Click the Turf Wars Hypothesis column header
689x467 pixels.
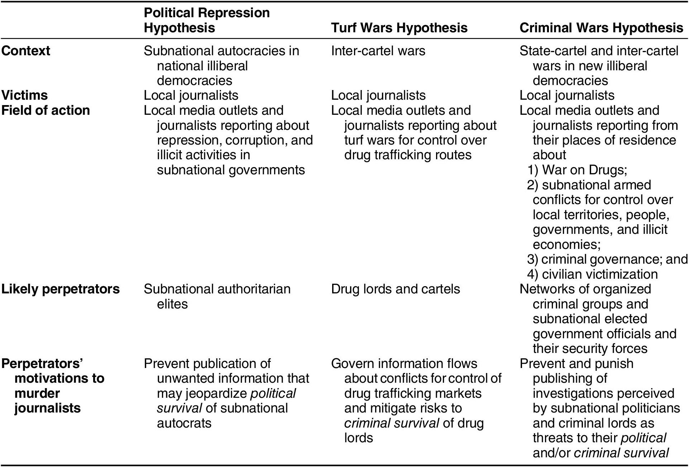(399, 28)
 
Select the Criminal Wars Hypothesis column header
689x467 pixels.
(601, 28)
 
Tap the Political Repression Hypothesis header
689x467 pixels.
(207, 20)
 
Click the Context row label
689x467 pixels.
(26, 51)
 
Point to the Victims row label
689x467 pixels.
(25, 95)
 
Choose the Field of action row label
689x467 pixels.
(46, 110)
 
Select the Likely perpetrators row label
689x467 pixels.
(61, 289)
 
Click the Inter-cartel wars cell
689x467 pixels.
(378, 51)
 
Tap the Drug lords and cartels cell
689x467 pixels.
(396, 289)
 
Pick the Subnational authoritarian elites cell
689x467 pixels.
(217, 297)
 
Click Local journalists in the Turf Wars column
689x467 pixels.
(378, 95)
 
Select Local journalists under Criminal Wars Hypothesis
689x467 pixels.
(567, 95)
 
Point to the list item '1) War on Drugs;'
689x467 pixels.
(577, 170)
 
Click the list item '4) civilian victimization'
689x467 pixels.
(592, 274)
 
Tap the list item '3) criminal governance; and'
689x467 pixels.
(607, 259)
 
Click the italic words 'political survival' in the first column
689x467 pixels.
(226, 401)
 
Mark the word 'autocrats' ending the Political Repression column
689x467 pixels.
(184, 423)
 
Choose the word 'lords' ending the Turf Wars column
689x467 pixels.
(359, 438)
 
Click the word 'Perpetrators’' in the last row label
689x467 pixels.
(42, 364)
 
